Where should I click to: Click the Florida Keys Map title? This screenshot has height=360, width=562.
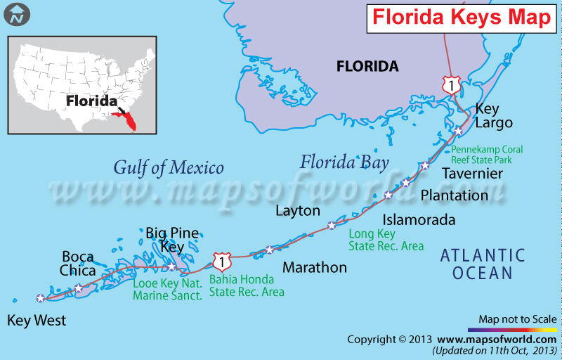click(x=461, y=17)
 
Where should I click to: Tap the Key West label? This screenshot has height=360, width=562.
click(x=37, y=321)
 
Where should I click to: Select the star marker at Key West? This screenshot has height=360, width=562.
click(x=41, y=298)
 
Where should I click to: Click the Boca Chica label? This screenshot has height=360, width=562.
click(x=77, y=264)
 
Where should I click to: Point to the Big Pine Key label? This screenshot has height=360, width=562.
click(x=172, y=240)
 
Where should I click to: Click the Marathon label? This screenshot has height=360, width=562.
click(x=315, y=267)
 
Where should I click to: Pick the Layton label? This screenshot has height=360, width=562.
click(x=298, y=211)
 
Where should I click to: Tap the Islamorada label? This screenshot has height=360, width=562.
click(x=419, y=220)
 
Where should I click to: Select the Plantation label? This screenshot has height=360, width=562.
click(x=454, y=195)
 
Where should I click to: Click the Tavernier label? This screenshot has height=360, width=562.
click(x=472, y=173)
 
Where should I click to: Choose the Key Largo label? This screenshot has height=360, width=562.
click(x=494, y=115)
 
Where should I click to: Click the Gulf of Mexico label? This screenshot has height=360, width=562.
click(x=169, y=167)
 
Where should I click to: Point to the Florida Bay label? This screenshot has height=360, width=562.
click(x=344, y=163)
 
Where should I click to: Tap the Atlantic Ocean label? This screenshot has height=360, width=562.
click(x=483, y=264)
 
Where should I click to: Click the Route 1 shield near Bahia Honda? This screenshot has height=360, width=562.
click(x=222, y=262)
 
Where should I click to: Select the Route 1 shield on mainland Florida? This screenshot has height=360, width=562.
click(x=450, y=85)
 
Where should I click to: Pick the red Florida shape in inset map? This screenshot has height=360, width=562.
click(x=128, y=120)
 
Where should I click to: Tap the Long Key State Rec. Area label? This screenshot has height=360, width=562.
click(x=386, y=240)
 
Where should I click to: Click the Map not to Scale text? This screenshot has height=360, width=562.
click(x=518, y=319)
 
